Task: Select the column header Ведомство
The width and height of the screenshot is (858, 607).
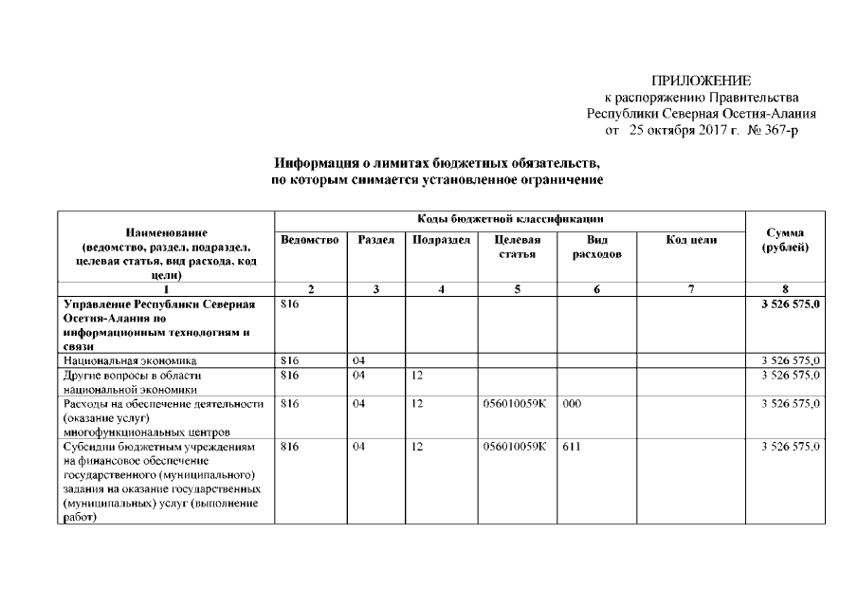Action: tap(310, 241)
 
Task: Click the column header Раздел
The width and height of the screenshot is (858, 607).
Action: tap(376, 241)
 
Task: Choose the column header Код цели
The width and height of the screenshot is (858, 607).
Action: tap(691, 241)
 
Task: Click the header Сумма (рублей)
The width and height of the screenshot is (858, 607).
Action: tap(785, 240)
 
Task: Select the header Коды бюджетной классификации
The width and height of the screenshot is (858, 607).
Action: tap(510, 219)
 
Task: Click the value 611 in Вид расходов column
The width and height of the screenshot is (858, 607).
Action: tap(571, 446)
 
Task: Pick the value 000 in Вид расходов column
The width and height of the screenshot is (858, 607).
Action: tap(571, 403)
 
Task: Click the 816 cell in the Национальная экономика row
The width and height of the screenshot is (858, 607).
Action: tap(291, 360)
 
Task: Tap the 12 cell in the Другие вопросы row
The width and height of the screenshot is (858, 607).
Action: tap(417, 375)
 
